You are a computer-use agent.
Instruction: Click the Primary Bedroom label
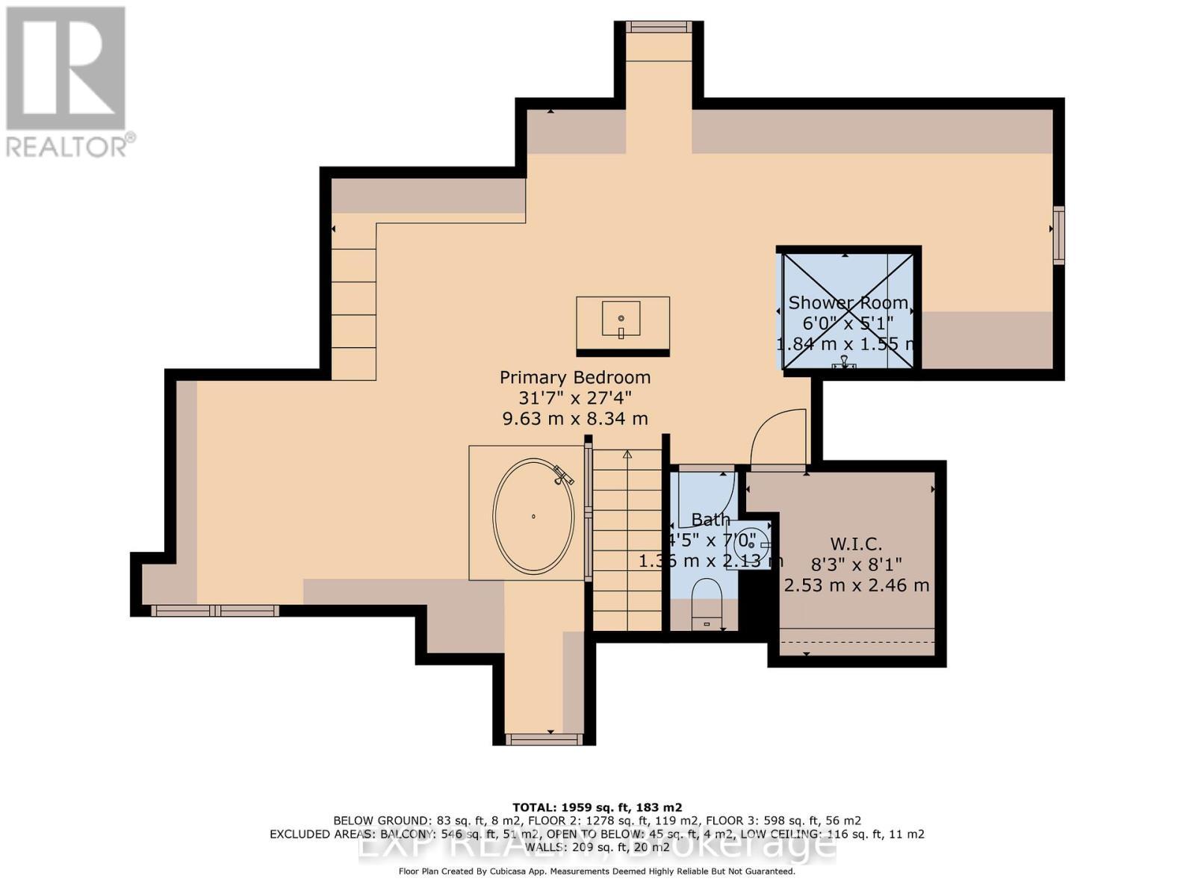(x=574, y=378)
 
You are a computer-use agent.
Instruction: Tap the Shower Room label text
(x=848, y=303)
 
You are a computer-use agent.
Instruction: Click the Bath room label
(x=710, y=520)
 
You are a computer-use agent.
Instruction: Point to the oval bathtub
(x=533, y=516)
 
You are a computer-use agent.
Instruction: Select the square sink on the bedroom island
(x=621, y=319)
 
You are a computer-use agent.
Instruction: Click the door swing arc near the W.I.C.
(x=777, y=437)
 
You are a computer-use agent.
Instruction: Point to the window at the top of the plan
(x=658, y=28)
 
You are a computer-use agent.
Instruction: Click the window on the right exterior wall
(x=1058, y=234)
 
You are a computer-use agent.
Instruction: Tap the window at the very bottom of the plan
(x=544, y=739)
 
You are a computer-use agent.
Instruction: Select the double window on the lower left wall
(x=214, y=611)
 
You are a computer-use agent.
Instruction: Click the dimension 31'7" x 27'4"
(x=574, y=399)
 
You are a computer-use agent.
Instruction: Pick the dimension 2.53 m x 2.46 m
(x=857, y=585)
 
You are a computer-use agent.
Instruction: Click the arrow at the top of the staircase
(x=627, y=454)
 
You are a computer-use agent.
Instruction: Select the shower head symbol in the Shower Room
(x=845, y=363)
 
